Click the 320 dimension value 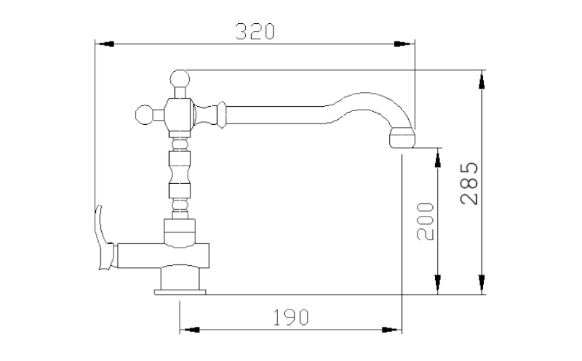tap(255, 31)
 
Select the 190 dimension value tap(290, 317)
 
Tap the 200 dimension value tap(425, 222)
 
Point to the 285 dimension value tap(469, 183)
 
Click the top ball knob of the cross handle tap(180, 79)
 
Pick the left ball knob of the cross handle tap(144, 115)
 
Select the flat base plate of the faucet tap(180, 292)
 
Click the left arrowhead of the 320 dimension tap(105, 44)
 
